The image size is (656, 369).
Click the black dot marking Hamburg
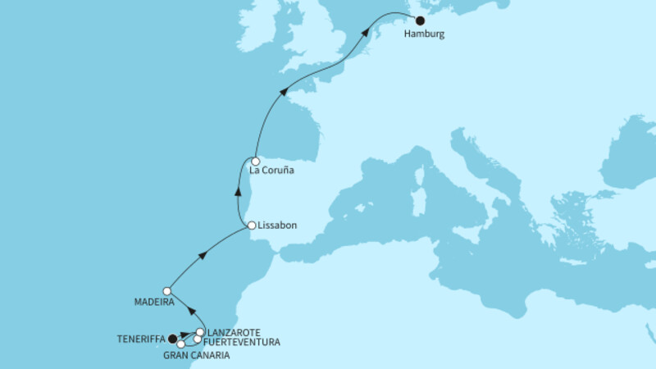(421, 21)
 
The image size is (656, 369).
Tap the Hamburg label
(425, 35)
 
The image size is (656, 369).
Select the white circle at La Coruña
(256, 162)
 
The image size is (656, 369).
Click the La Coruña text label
(271, 172)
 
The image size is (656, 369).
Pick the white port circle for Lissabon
(252, 224)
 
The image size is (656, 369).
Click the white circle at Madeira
(166, 290)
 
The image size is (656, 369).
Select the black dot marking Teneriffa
(172, 337)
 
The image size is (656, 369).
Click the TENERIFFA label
(142, 337)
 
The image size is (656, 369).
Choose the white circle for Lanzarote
(200, 332)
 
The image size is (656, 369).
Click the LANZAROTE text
(234, 331)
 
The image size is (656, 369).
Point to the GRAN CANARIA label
(196, 356)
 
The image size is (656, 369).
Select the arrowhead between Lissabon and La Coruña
(239, 193)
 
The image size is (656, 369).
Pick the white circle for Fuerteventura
(198, 339)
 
